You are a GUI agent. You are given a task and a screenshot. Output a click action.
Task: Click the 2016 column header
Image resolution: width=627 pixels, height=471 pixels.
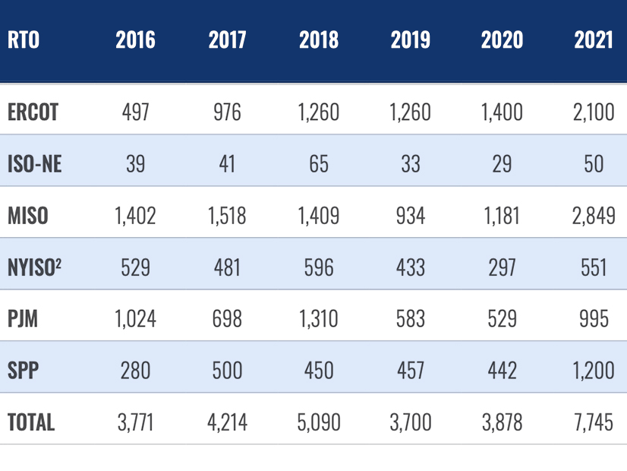click(136, 40)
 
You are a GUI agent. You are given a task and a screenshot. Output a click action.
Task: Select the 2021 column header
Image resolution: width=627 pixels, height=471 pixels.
click(594, 40)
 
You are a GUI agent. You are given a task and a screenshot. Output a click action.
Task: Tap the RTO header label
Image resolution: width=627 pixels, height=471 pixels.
click(24, 40)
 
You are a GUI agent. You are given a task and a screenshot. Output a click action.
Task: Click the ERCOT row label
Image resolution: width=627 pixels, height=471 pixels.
click(33, 112)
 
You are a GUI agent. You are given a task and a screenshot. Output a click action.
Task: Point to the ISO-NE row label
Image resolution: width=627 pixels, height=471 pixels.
click(34, 164)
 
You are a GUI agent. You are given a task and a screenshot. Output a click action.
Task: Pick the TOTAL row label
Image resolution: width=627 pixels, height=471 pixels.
click(31, 422)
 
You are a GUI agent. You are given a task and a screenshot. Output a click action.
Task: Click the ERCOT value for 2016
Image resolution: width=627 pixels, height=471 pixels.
click(136, 112)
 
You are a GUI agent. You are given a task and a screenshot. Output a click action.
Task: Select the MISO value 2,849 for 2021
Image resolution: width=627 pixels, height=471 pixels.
click(593, 216)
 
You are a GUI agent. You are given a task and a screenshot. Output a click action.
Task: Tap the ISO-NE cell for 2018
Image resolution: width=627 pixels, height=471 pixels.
click(319, 164)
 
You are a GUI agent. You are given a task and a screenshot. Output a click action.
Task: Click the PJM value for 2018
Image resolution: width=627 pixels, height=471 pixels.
click(319, 319)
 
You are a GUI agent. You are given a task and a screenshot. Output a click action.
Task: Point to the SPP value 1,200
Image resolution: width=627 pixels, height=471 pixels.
click(593, 370)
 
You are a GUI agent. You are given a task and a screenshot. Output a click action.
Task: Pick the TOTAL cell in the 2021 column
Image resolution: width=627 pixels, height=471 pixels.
click(593, 422)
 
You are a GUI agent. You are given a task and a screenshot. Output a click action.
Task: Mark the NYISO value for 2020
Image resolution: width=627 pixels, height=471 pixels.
click(502, 267)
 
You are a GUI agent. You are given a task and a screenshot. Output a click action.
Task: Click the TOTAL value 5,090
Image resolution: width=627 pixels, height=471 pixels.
click(319, 422)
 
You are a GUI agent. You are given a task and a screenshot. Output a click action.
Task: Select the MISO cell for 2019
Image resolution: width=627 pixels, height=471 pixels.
click(411, 216)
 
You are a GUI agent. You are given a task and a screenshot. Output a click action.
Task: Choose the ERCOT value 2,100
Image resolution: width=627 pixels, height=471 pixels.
click(593, 112)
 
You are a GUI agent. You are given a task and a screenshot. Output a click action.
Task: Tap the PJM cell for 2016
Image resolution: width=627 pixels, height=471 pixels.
click(136, 319)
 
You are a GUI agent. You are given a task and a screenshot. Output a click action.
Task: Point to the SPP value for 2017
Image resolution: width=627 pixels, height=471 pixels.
click(227, 370)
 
